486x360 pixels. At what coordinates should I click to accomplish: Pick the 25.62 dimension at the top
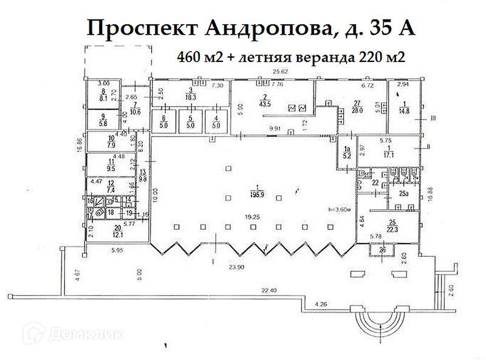tap(279, 72)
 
